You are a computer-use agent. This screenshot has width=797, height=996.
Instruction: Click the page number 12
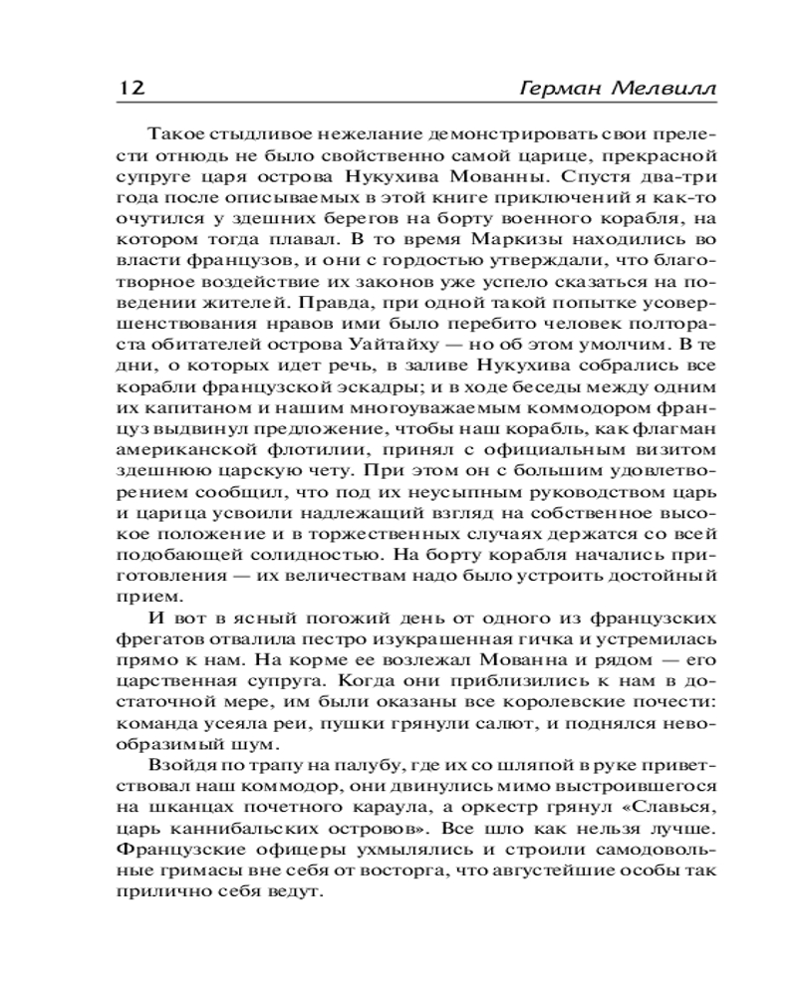point(127,87)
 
